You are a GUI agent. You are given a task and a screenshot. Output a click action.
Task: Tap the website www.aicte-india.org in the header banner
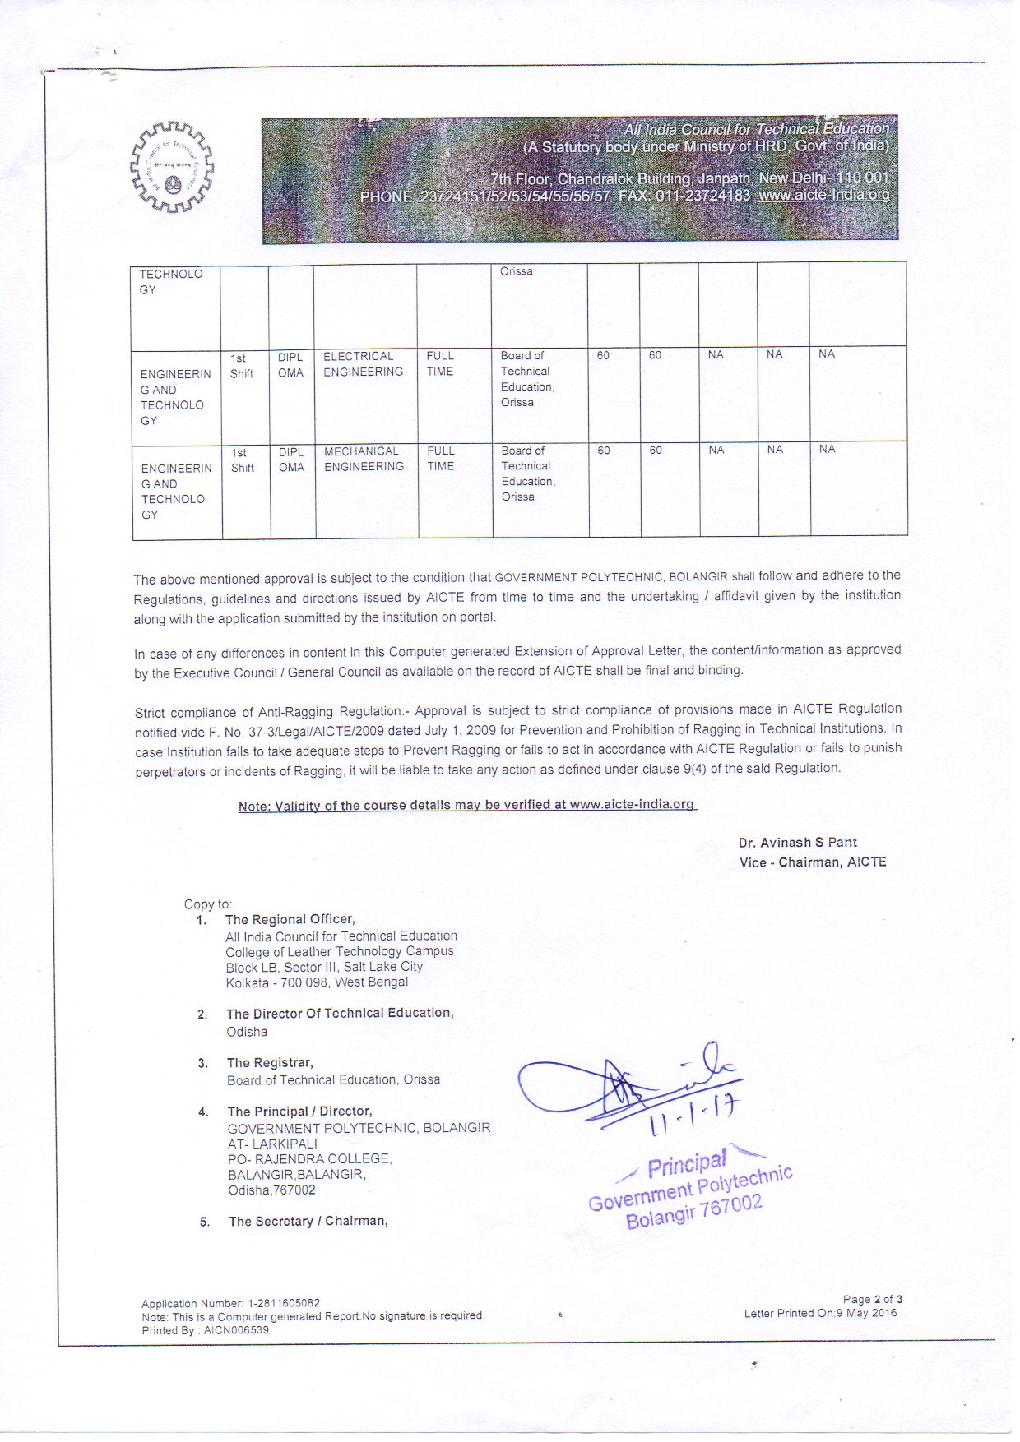823,196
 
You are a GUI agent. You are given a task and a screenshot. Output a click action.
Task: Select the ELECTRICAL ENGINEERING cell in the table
363,364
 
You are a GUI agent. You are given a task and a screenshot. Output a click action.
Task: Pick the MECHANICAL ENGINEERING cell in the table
364,459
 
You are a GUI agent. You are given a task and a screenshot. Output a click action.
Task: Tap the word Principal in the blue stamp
686,1164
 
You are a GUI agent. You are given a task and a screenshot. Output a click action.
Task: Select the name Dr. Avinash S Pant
797,843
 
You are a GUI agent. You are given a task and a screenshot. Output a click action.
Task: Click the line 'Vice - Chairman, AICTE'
813,862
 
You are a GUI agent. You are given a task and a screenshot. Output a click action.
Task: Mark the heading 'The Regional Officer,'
290,919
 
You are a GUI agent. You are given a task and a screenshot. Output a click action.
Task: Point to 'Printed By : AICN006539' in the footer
205,1330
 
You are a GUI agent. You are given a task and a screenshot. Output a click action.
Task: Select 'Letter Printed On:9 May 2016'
820,1313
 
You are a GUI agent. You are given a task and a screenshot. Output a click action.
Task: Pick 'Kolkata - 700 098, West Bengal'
317,982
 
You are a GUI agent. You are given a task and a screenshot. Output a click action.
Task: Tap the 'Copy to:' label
207,904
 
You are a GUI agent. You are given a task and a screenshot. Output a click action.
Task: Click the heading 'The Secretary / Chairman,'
308,1222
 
